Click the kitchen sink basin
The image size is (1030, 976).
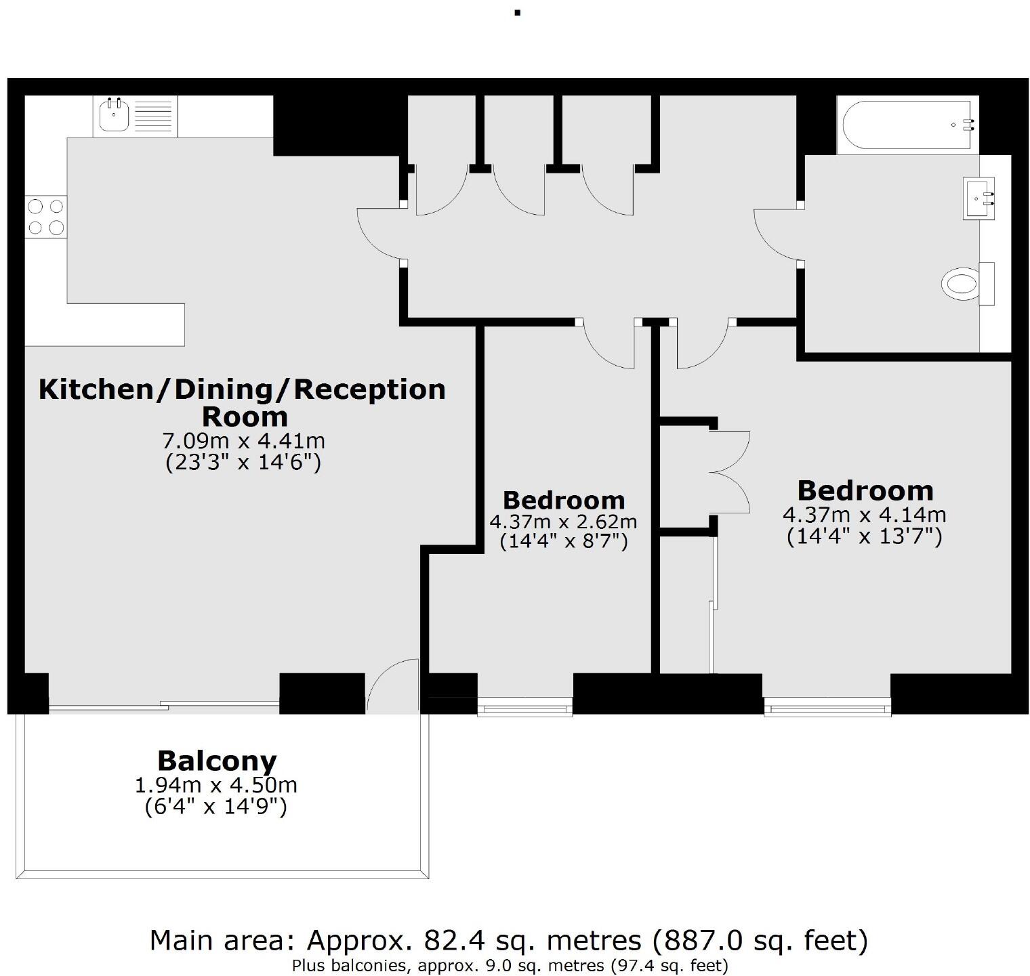click(113, 116)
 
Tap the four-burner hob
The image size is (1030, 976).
click(46, 217)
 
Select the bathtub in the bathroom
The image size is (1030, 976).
click(907, 125)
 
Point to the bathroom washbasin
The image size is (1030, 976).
click(979, 198)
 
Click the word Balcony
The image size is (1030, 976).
click(217, 761)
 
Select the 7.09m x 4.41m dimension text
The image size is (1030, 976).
click(243, 441)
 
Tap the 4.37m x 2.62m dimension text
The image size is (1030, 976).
click(563, 522)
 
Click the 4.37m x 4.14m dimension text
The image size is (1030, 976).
click(864, 515)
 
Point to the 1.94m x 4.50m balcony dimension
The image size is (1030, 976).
click(216, 785)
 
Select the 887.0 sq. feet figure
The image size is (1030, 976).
click(759, 940)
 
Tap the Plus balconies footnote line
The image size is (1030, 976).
click(510, 965)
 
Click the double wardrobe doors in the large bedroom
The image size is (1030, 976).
click(730, 472)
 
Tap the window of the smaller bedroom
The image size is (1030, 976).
click(525, 709)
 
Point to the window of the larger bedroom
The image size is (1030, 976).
click(827, 709)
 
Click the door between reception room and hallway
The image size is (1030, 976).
click(379, 234)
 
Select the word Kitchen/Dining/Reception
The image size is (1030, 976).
click(242, 389)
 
